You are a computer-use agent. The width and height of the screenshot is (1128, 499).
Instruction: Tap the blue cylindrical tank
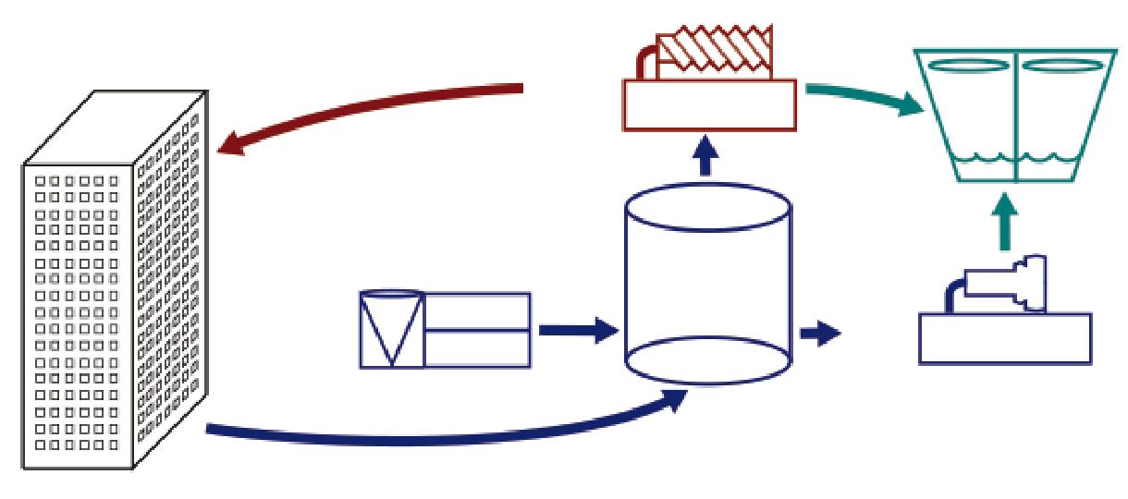[708, 286]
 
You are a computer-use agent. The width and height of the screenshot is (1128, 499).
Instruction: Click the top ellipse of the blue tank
[708, 208]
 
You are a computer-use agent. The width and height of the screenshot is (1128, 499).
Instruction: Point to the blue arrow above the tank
[707, 157]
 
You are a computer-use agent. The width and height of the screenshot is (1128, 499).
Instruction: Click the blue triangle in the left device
[392, 323]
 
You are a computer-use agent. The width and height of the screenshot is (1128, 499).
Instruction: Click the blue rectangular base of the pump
[1004, 337]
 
